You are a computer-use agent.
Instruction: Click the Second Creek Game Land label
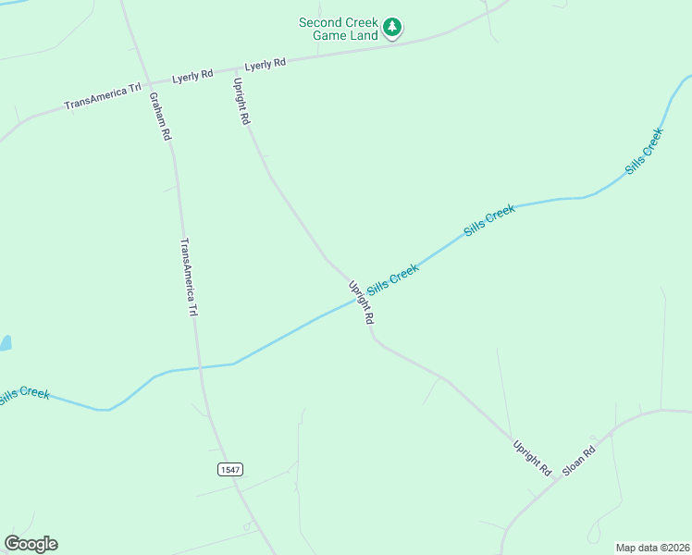(339, 29)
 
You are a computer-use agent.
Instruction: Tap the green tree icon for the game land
(393, 28)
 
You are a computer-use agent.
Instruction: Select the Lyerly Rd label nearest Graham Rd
(192, 75)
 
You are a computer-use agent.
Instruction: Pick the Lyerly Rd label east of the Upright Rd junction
(266, 64)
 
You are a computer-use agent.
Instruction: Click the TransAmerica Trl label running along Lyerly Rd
(103, 96)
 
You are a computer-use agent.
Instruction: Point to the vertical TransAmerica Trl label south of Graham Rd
(189, 277)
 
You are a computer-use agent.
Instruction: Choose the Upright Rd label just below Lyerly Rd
(241, 102)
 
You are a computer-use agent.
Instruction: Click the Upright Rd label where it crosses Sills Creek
(361, 302)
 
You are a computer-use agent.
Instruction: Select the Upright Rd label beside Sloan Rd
(532, 459)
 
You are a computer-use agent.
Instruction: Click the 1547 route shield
(230, 470)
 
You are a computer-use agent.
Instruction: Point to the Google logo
(31, 544)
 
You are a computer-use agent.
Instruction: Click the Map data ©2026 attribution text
(651, 547)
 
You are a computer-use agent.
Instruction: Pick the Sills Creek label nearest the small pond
(23, 396)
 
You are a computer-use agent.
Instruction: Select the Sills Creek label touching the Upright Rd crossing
(393, 276)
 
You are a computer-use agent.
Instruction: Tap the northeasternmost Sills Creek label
(644, 151)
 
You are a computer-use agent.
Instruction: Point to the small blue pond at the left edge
(4, 343)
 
